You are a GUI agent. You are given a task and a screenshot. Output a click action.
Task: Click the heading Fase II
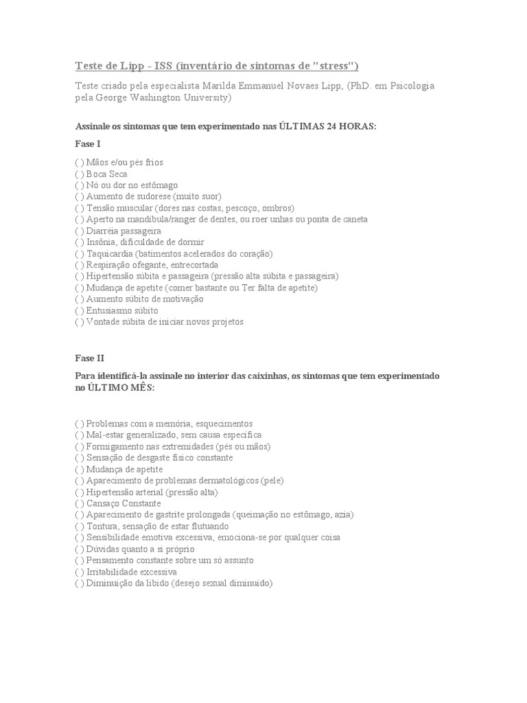click(89, 358)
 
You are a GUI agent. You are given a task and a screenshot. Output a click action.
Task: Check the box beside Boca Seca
click(79, 174)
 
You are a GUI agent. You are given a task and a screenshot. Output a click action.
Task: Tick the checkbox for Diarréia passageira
click(79, 231)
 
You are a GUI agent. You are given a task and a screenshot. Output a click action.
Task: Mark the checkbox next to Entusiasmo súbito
click(79, 310)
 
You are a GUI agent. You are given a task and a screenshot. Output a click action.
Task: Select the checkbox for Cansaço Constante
click(79, 503)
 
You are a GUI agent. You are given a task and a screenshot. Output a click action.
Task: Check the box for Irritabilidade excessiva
click(79, 572)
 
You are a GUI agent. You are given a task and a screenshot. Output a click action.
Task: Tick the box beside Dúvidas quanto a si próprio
click(79, 549)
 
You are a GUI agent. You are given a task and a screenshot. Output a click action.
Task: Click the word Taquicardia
click(108, 253)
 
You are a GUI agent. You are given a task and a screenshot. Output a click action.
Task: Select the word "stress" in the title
click(336, 66)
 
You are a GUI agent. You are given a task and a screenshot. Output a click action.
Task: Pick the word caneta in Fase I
click(354, 219)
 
